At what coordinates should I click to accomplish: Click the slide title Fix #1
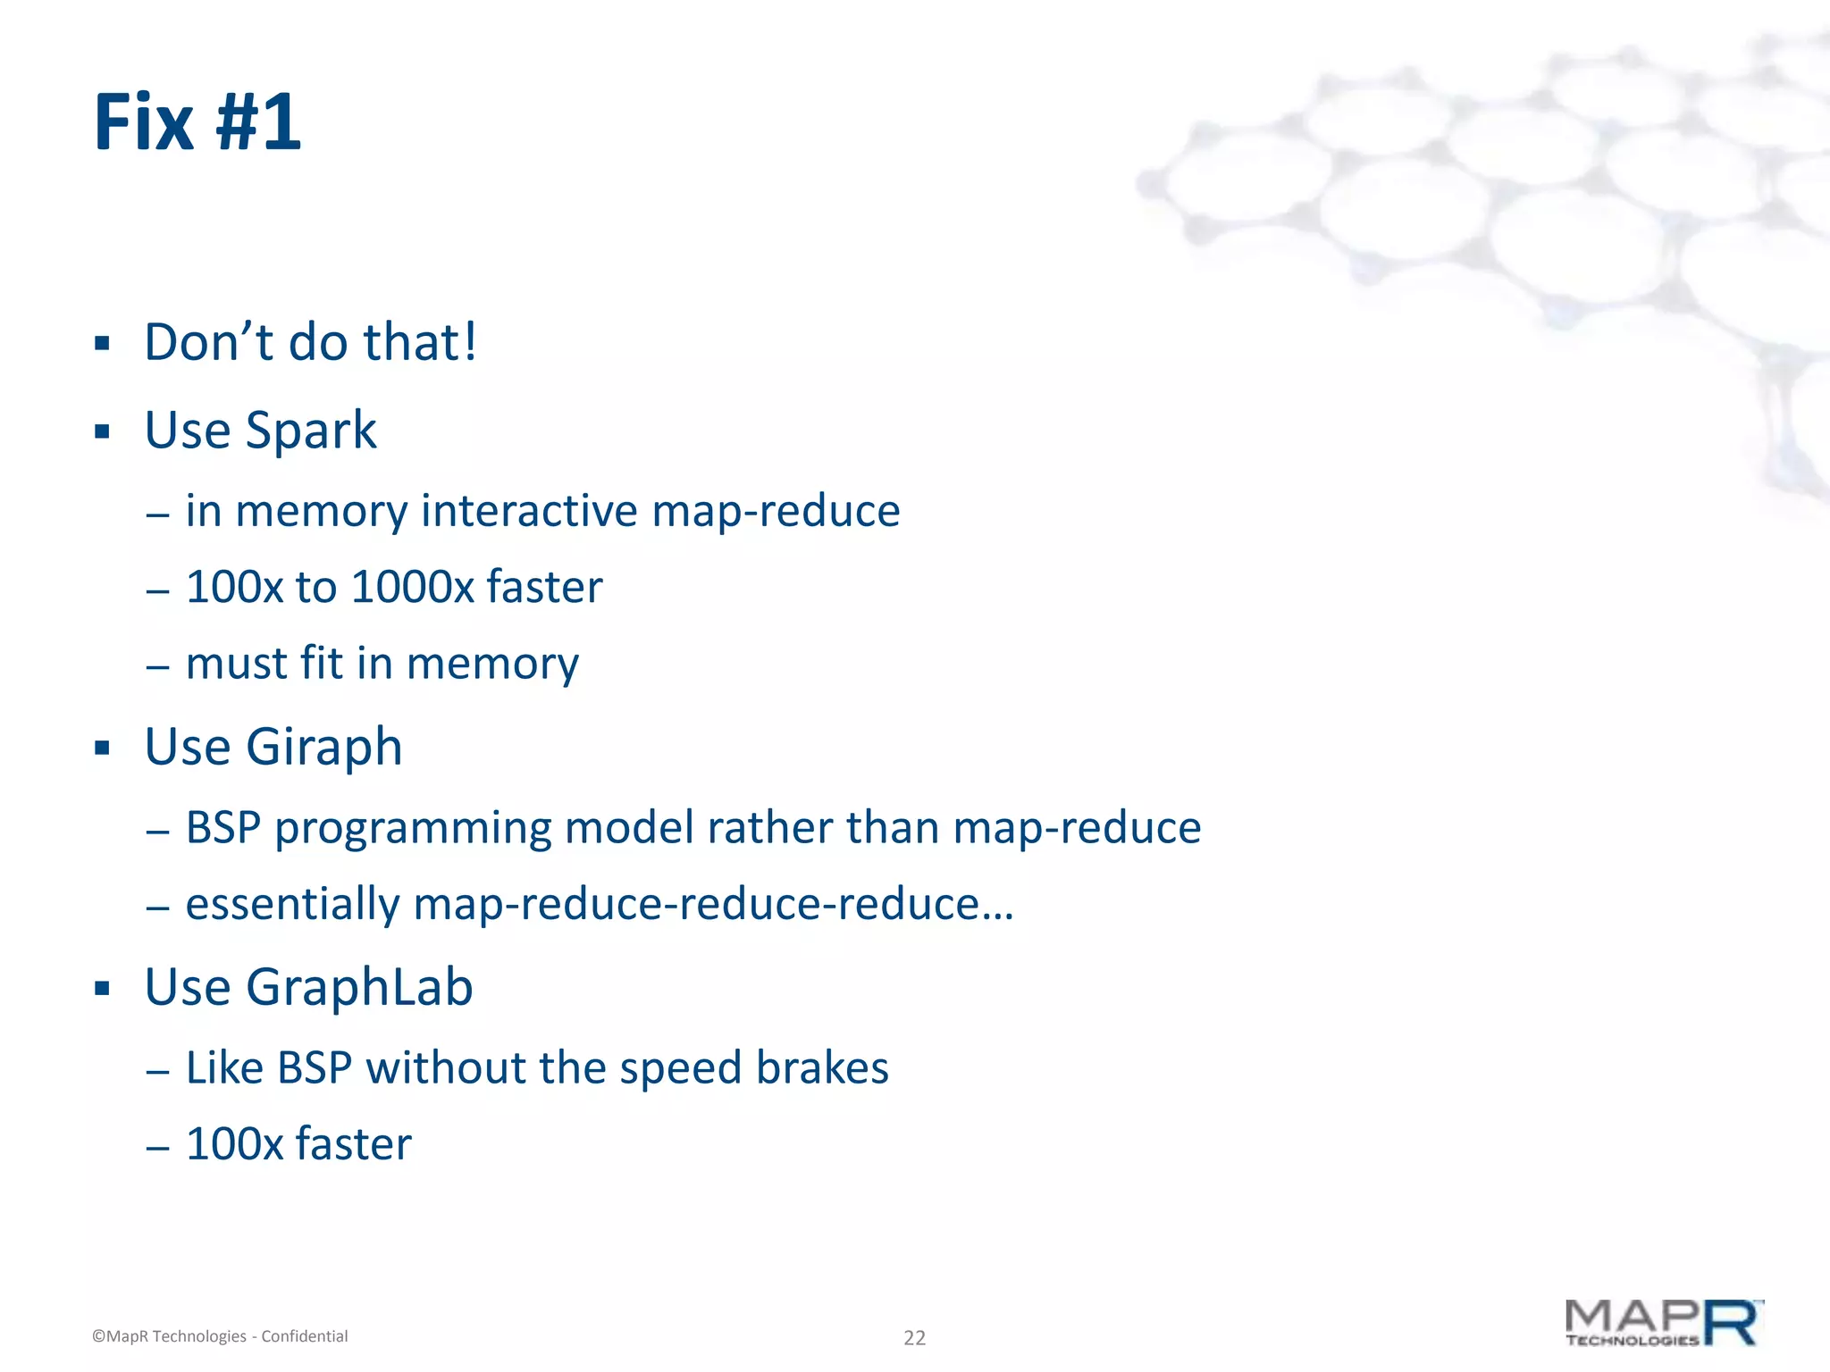[x=197, y=122]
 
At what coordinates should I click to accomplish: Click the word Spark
[x=311, y=431]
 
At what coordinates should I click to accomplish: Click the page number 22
[x=914, y=1337]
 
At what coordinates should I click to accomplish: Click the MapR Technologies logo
[x=1664, y=1324]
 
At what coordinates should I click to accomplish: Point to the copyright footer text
[x=220, y=1336]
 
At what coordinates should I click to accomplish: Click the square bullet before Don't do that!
[x=102, y=344]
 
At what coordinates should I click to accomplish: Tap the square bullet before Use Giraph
[x=102, y=748]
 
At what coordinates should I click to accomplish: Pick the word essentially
[x=292, y=904]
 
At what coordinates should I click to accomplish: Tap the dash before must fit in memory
[x=158, y=666]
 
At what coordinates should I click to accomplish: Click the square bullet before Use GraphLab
[x=102, y=989]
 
